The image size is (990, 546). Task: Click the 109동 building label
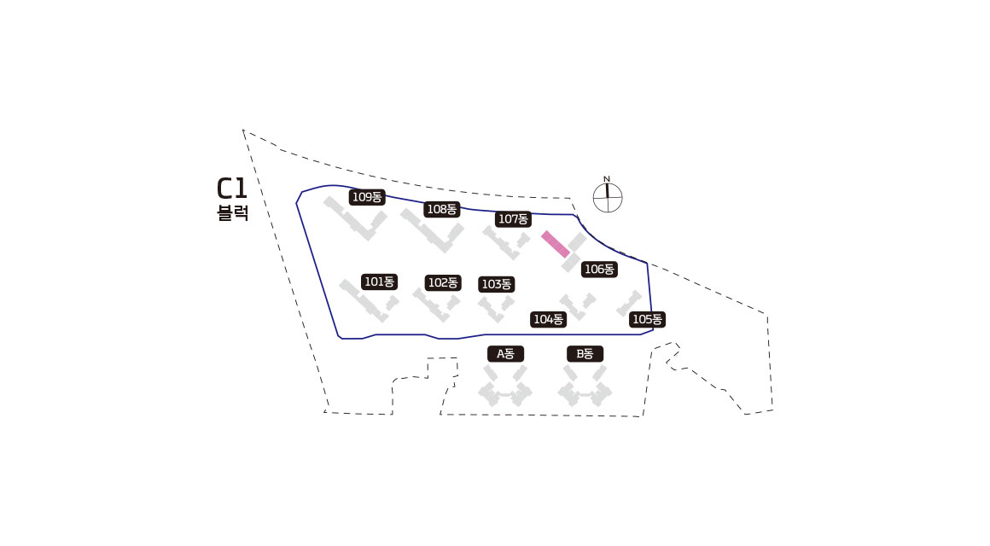click(x=368, y=197)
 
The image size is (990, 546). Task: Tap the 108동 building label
click(x=442, y=209)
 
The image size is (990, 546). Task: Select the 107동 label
click(x=513, y=219)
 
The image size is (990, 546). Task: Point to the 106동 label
click(x=598, y=270)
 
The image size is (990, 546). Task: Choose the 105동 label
click(x=647, y=320)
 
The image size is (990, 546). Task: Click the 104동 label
click(x=548, y=320)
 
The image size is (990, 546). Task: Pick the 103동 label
click(x=496, y=284)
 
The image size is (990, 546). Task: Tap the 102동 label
click(x=443, y=282)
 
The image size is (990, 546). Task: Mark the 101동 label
click(x=379, y=282)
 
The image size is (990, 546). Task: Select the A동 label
click(x=505, y=353)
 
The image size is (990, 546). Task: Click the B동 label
click(x=585, y=353)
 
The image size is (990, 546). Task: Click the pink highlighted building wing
click(x=556, y=244)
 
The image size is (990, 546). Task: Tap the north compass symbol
click(x=608, y=198)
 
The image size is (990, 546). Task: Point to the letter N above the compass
click(x=607, y=178)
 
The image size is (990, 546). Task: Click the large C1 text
click(x=232, y=189)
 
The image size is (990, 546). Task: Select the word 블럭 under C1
click(x=233, y=213)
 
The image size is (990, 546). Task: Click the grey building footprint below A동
click(x=504, y=388)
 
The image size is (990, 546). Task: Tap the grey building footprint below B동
click(x=585, y=388)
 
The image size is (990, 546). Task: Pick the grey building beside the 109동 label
click(x=354, y=220)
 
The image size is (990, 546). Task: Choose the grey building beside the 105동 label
click(x=630, y=303)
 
